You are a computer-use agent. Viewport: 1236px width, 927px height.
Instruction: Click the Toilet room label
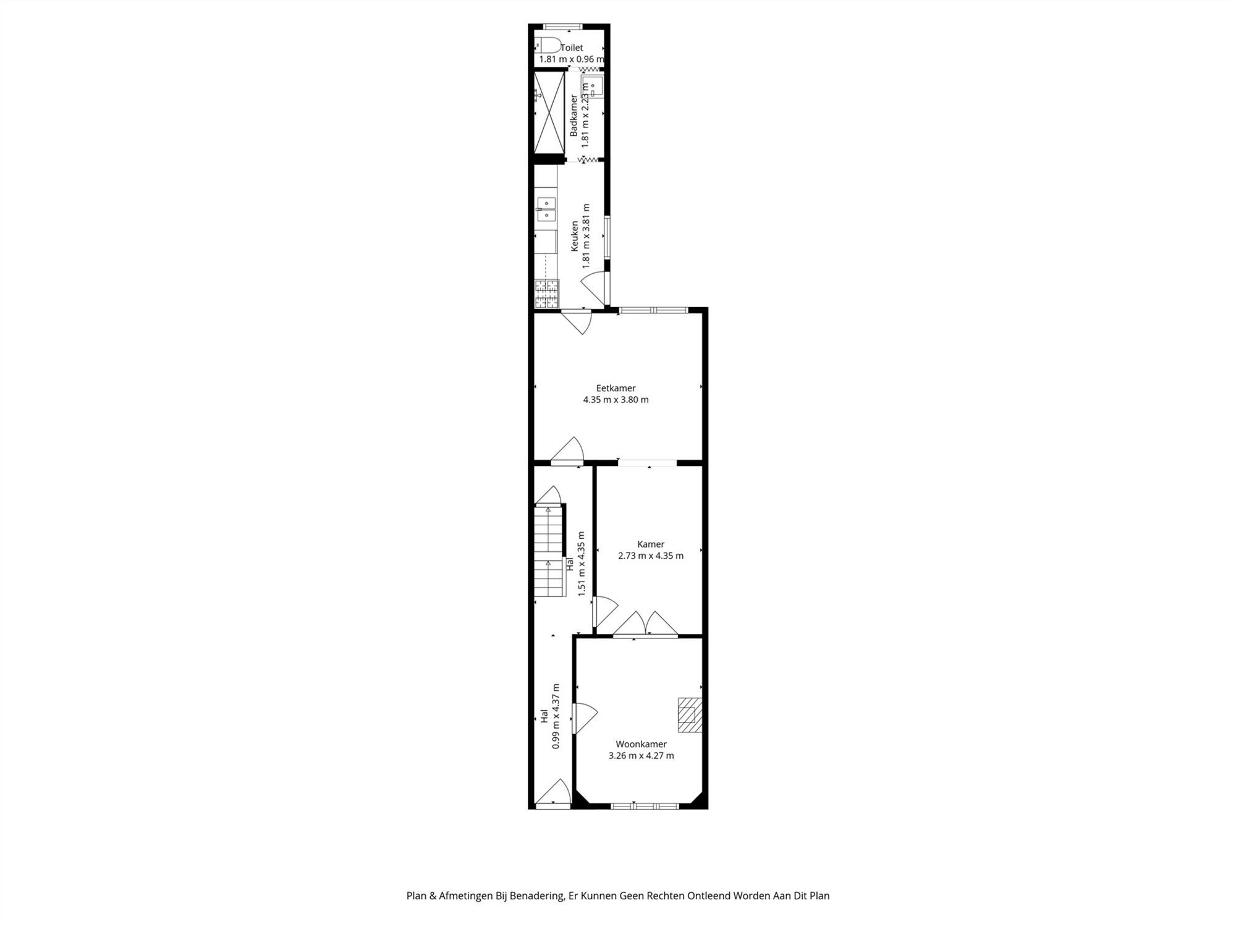[x=572, y=48]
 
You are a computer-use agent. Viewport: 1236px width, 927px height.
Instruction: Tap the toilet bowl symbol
[x=548, y=45]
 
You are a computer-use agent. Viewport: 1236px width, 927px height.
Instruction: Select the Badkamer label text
[x=574, y=116]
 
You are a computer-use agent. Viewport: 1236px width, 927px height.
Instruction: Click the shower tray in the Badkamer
[x=549, y=112]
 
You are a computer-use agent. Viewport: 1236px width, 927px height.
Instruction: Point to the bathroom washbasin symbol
[x=592, y=86]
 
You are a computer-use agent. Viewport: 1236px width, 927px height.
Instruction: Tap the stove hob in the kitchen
[x=547, y=294]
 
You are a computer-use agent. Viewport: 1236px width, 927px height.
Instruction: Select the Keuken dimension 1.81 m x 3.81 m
[x=586, y=235]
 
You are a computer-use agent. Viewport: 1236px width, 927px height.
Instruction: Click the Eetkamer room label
[x=616, y=388]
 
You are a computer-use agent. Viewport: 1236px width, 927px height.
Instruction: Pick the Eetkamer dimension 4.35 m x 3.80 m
[x=616, y=400]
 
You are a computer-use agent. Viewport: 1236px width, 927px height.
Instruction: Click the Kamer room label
[x=651, y=544]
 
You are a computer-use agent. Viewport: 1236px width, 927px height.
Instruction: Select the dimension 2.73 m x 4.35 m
[x=651, y=556]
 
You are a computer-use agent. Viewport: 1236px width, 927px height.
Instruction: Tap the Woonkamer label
[x=641, y=744]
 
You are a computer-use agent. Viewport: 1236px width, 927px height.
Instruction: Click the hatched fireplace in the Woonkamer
[x=690, y=714]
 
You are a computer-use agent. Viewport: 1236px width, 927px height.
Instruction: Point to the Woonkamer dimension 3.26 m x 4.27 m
[x=641, y=755]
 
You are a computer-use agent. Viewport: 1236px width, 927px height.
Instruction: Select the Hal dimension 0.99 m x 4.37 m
[x=556, y=716]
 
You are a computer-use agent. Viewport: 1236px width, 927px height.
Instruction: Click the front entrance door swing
[x=554, y=794]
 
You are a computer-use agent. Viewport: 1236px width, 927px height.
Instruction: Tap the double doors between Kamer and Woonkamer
[x=646, y=624]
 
